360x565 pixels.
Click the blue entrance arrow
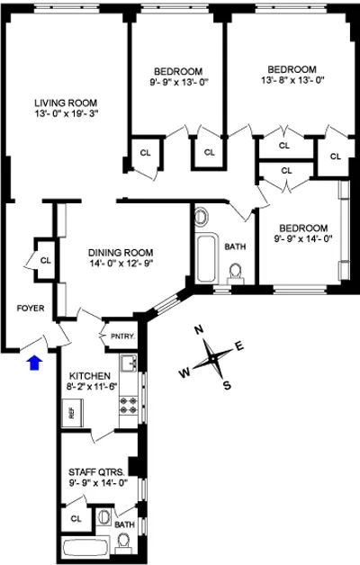(x=34, y=363)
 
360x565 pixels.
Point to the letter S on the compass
(x=228, y=385)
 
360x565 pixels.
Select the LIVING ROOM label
(x=66, y=102)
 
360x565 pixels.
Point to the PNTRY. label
(x=121, y=336)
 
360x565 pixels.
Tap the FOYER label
(x=31, y=308)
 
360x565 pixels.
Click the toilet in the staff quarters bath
(x=123, y=539)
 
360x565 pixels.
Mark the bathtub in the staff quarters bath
(x=85, y=546)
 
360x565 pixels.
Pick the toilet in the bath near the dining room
(x=237, y=272)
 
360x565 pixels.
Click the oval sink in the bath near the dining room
(x=200, y=217)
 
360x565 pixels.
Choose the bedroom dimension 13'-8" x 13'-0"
(x=291, y=81)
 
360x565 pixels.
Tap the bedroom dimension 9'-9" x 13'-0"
(x=177, y=84)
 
